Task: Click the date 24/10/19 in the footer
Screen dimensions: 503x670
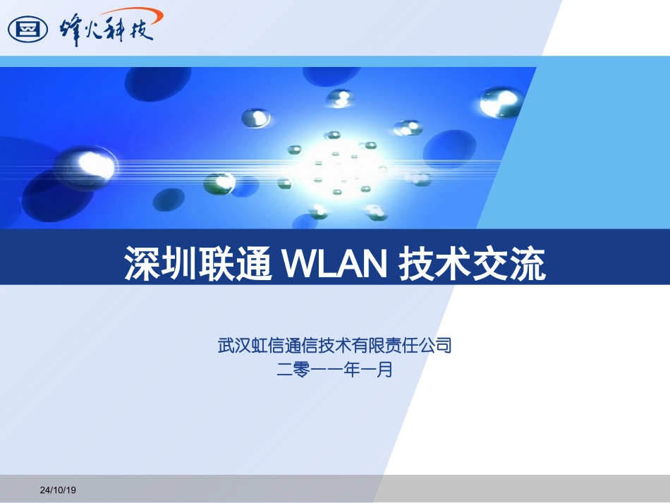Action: click(58, 490)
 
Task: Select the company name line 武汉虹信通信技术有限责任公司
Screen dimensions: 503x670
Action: click(334, 346)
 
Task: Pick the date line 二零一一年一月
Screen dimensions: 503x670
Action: click(334, 368)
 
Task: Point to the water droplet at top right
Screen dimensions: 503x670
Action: click(500, 102)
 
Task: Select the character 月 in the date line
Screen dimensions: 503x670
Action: click(384, 368)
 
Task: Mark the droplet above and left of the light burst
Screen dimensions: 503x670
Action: click(256, 118)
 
